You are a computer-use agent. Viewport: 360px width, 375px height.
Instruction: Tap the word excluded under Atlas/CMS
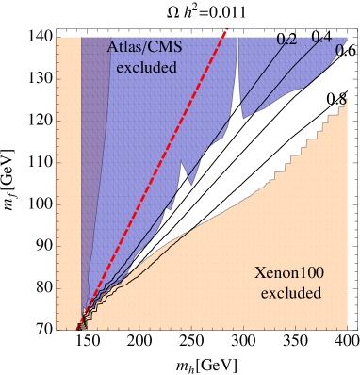coord(147,68)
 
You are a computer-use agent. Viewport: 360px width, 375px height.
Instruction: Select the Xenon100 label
coord(289,274)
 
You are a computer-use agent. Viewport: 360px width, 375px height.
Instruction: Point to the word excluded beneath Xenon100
coord(291,293)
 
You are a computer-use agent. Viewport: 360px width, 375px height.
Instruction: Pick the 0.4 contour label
coord(321,41)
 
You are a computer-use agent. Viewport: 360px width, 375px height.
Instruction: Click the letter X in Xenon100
coord(260,274)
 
